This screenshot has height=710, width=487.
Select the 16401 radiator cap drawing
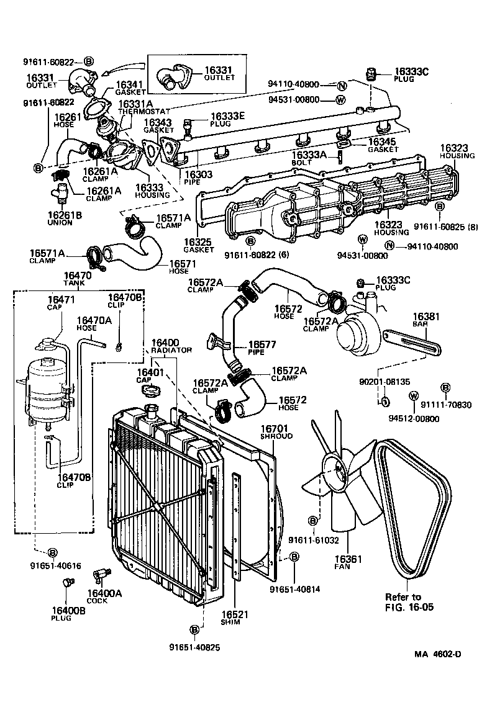150,390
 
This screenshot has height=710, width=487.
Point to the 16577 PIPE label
263,347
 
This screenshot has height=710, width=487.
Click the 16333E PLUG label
227,119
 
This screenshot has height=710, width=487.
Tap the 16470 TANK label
78,279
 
